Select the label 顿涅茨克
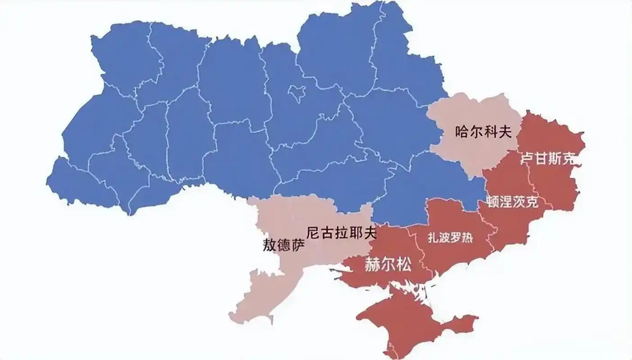tap(512, 202)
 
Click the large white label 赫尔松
tap(388, 265)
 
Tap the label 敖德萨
tap(284, 245)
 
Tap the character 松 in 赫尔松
tap(404, 265)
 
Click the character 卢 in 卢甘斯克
tap(527, 159)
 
